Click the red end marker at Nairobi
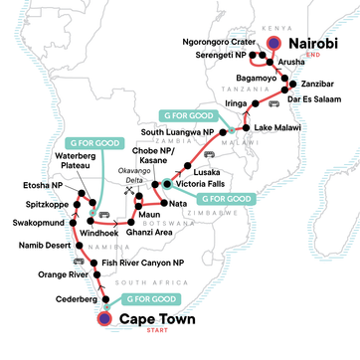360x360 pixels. point(274,43)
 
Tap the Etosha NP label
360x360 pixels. point(41,187)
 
